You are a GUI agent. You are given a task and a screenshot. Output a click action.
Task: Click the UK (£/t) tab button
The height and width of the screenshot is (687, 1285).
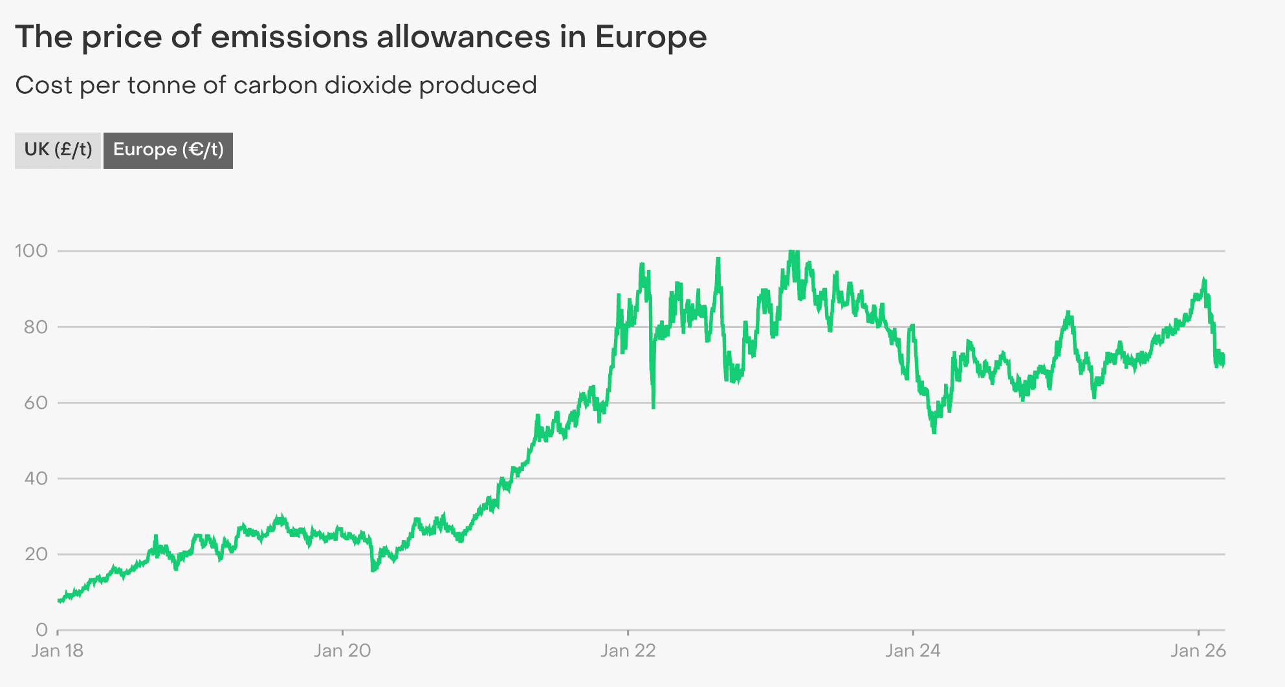58,150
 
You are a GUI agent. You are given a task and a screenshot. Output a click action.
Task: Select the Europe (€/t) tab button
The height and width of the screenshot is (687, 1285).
168,150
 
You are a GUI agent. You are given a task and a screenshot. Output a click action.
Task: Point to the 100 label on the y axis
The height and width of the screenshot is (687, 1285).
32,251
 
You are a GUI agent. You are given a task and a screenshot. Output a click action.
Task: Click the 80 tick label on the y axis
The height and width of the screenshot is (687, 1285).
36,327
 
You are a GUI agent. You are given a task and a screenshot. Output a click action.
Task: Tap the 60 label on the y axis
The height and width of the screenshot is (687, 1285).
36,402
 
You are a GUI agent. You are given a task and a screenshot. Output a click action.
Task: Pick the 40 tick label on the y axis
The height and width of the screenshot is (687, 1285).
36,478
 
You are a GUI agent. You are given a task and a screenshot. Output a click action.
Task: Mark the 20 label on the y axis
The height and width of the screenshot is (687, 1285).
36,554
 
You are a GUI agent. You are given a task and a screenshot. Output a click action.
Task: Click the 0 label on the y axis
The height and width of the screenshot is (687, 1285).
41,629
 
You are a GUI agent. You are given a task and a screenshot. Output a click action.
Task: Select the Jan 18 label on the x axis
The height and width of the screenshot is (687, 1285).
58,651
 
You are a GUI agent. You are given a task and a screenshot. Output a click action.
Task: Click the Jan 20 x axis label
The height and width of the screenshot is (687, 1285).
342,651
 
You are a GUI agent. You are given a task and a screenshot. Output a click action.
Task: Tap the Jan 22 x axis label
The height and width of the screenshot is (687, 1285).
628,651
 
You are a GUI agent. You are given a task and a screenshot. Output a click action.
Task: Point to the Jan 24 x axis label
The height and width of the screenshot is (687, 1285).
912,651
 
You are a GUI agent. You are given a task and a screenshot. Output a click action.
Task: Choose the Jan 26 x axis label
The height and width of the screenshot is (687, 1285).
1198,651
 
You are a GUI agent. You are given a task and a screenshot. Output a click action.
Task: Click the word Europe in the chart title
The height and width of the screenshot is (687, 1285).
651,37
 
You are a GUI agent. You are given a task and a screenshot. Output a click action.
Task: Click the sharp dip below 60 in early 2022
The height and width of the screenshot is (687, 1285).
653,406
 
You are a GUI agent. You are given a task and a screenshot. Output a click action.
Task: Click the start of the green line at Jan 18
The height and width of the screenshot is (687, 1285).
59,601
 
